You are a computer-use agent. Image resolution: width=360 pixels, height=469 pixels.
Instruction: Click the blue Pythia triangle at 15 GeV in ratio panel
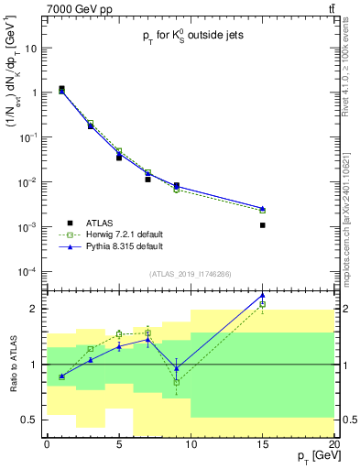pos(263,295)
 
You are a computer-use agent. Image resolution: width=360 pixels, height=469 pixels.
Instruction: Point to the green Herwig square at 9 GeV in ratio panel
pos(177,382)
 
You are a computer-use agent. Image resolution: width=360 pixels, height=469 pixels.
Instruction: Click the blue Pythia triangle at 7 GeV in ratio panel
pos(147,339)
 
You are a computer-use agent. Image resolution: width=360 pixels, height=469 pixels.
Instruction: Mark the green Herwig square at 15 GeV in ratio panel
pos(263,304)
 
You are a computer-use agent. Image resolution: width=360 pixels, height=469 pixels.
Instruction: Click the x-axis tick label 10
pos(191,444)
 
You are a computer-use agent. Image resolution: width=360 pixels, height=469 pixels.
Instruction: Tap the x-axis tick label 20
pos(333,444)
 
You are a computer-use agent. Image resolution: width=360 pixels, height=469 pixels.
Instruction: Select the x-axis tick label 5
pos(119,444)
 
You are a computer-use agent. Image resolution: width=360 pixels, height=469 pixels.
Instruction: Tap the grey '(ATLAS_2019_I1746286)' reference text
pos(190,274)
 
